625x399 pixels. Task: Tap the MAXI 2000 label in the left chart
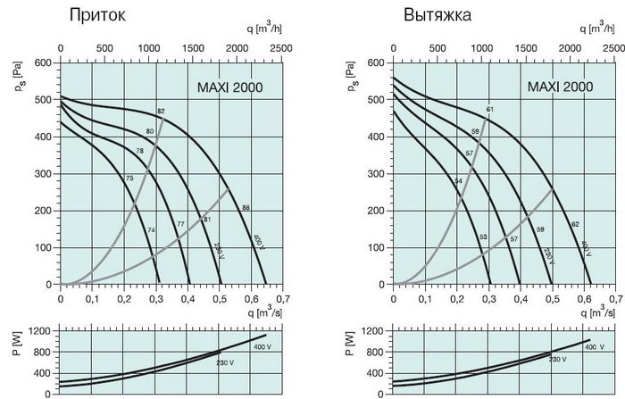click(x=229, y=87)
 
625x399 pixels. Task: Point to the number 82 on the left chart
click(x=162, y=111)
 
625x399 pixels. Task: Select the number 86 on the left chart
click(x=246, y=208)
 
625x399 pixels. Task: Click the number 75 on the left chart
click(x=129, y=179)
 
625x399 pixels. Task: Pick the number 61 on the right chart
click(x=489, y=110)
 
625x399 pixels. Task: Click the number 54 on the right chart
click(x=458, y=181)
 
